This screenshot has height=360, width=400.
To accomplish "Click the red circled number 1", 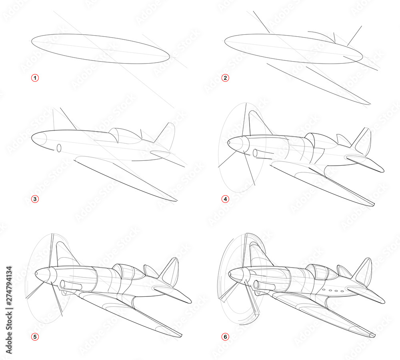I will click(35, 78).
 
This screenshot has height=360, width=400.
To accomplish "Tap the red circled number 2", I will click(226, 78).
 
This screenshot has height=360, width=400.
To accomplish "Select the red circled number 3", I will click(35, 198).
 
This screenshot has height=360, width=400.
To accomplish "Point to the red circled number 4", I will click(226, 198).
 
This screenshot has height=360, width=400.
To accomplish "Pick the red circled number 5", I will click(35, 336).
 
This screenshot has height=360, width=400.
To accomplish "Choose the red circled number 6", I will click(226, 336).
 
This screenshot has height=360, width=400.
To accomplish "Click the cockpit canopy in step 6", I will click(320, 272).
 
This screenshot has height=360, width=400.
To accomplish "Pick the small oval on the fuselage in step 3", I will click(59, 148).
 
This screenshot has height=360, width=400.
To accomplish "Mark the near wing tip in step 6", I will click(372, 334).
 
